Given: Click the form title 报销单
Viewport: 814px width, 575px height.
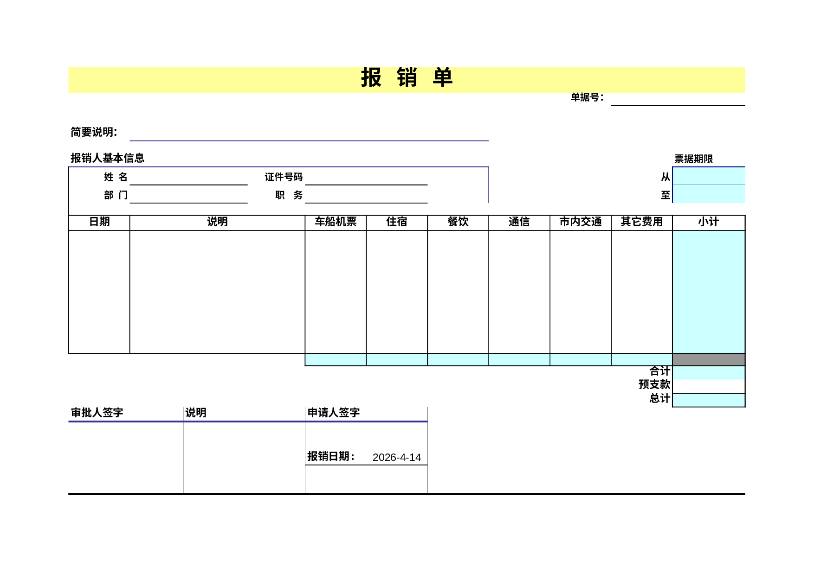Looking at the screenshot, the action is pos(407,77).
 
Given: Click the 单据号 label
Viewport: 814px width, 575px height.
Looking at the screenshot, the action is pos(587,97).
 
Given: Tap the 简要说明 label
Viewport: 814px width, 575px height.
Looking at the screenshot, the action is pos(94,132).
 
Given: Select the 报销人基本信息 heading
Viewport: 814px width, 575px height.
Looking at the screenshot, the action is pos(107,158).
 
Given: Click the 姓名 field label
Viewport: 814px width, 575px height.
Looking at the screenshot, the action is pos(116,177).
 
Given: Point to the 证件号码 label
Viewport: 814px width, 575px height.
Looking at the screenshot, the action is pos(284,177).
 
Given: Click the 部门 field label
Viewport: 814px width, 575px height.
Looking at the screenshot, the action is pos(116,195).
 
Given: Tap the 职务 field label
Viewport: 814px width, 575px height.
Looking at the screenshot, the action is pos(289,195).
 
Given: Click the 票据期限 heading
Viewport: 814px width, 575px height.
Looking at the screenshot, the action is pos(693,159).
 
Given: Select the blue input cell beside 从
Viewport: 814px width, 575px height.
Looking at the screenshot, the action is pos(709,176).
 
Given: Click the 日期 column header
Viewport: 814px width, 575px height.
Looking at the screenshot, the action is pos(99,222).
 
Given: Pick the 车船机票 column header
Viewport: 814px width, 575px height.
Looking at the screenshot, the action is pos(336,222).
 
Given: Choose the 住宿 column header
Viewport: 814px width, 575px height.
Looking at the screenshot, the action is pos(397,222).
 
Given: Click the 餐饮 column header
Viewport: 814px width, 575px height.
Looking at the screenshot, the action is pos(458,222).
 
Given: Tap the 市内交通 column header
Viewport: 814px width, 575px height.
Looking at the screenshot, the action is pos(581,222).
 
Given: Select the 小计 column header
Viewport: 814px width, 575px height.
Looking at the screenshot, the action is pos(709,222).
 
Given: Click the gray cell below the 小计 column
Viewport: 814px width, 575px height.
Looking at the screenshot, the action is pos(709,359).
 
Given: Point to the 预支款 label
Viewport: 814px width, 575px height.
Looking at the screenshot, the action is pos(654,384).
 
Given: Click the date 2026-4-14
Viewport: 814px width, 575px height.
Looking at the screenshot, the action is pos(397,458).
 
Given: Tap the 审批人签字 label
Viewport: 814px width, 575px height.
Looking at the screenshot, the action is pos(97,413).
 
